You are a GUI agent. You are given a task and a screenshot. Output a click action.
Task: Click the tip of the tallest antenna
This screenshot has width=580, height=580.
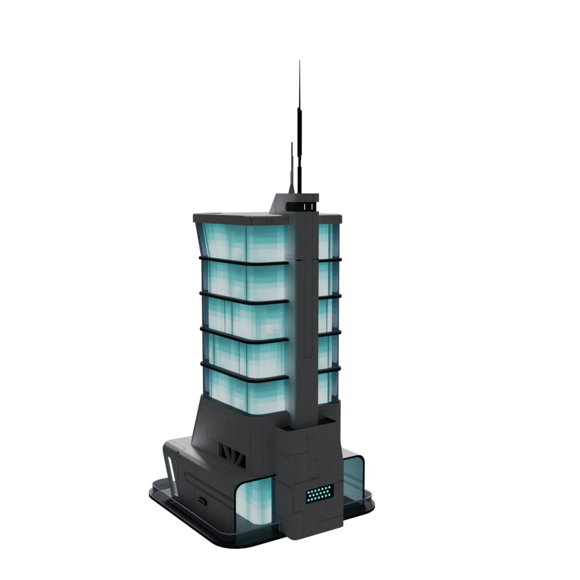300,62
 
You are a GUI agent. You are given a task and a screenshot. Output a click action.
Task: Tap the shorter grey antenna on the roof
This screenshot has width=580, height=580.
292,167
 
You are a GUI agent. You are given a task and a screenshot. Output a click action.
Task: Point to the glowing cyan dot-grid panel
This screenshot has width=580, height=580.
319,494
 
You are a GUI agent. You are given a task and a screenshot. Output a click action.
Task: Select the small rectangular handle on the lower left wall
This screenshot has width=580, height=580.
202,501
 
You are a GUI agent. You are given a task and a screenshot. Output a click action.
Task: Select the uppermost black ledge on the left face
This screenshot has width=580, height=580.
244,262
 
